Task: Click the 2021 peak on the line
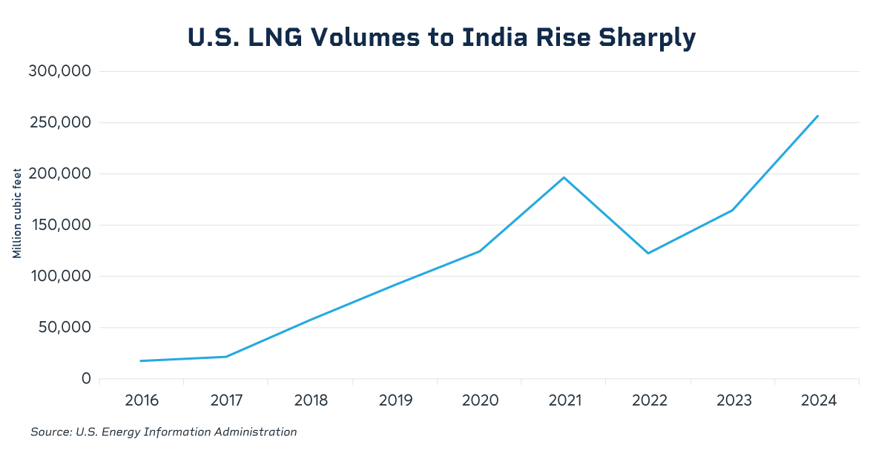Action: pos(564,177)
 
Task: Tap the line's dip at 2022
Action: pos(648,254)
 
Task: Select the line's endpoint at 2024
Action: pos(817,116)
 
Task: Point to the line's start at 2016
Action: pos(142,361)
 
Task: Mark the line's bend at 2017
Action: pos(225,357)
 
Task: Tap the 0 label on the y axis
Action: pos(85,378)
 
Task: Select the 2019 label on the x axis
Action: pos(395,400)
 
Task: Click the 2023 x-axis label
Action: pos(733,400)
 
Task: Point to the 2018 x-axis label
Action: pos(311,400)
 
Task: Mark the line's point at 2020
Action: pos(480,251)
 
